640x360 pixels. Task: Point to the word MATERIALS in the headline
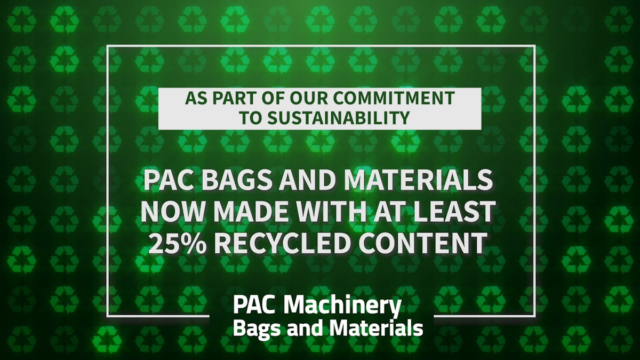418,181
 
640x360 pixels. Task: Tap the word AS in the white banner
194,99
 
